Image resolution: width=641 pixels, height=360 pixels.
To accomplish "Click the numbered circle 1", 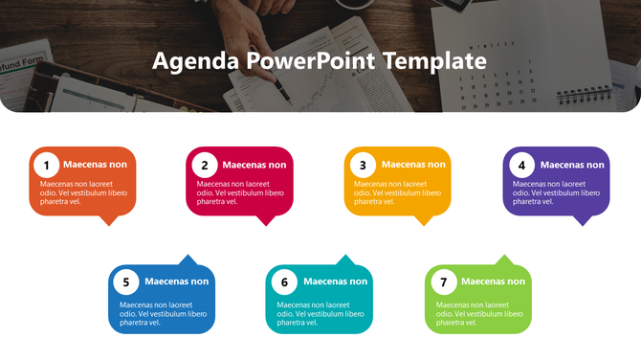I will click(46, 165).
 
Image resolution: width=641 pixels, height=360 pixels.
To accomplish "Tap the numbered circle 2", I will click(204, 165).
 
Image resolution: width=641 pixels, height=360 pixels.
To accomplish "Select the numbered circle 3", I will click(363, 165).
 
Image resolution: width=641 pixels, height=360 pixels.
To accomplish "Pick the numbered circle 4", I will click(521, 165).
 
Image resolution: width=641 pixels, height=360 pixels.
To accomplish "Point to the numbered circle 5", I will click(125, 281).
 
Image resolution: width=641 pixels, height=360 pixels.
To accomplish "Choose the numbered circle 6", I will click(283, 281).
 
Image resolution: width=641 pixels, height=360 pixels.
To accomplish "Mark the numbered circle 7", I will click(442, 281).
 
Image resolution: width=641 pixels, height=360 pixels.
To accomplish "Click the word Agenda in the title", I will click(195, 62).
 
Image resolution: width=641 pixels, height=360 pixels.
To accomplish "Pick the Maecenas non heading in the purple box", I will click(572, 165).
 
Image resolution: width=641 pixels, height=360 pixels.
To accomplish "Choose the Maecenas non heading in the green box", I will click(493, 281).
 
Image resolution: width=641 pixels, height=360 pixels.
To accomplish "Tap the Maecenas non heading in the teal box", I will click(335, 281).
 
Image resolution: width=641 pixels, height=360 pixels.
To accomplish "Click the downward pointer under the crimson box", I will click(267, 220).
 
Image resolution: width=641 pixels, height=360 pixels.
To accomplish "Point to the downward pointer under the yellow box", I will click(424, 220).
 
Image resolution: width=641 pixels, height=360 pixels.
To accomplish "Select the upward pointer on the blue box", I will click(188, 259).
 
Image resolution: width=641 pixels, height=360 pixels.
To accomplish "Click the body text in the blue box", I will click(163, 314).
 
